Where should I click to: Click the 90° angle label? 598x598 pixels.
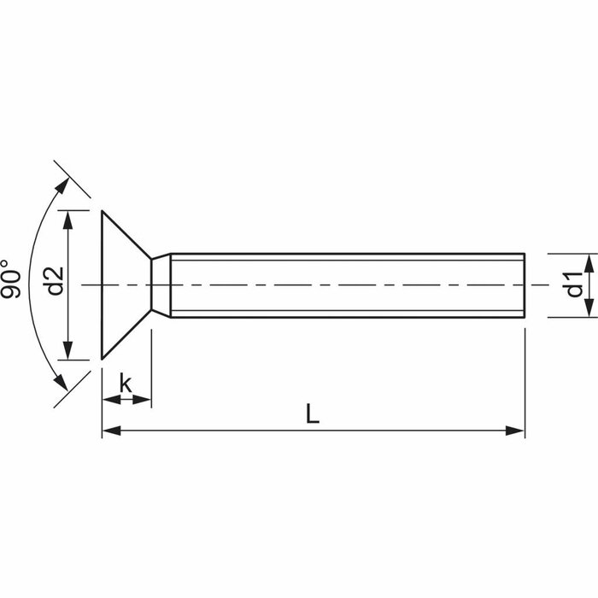coord(11,279)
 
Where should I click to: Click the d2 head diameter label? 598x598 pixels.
coord(55,281)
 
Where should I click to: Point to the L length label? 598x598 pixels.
coord(313,414)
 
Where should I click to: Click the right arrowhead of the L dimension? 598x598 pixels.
coord(516,431)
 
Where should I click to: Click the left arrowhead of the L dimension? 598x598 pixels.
coord(110,431)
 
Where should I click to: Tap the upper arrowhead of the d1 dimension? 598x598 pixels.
coord(589,261)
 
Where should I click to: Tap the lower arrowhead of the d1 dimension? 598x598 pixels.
coord(589,308)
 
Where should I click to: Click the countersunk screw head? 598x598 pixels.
coord(124,284)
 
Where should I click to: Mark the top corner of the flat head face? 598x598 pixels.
coord(103,211)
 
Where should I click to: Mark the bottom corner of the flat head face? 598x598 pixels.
coord(103,359)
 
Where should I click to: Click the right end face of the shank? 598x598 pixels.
coord(524,284)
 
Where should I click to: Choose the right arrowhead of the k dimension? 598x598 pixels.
coord(144,399)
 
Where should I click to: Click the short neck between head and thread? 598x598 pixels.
coord(161,284)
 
